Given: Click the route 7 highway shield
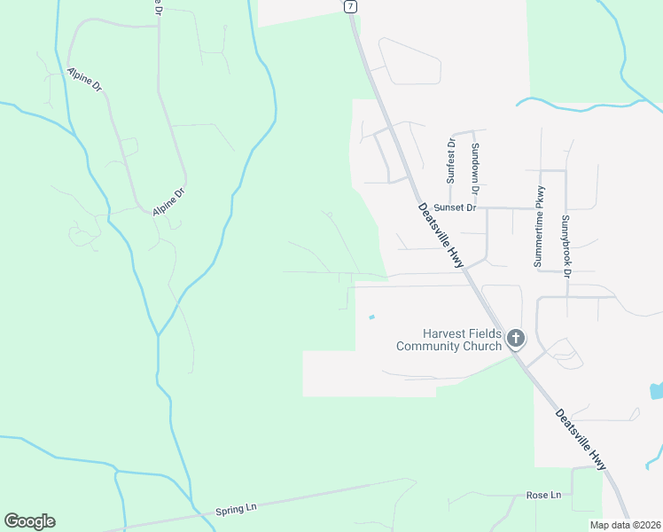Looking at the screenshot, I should tap(351, 5).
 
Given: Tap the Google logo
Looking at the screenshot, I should tap(29, 521).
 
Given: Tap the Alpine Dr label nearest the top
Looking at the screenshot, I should tap(84, 79).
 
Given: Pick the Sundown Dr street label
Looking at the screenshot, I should tap(475, 168).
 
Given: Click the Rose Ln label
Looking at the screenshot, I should tap(543, 495).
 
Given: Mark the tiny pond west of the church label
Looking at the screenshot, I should tap(370, 317).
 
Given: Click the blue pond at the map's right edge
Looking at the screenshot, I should tap(656, 390).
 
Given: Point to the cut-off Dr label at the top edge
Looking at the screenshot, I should tap(157, 7).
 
